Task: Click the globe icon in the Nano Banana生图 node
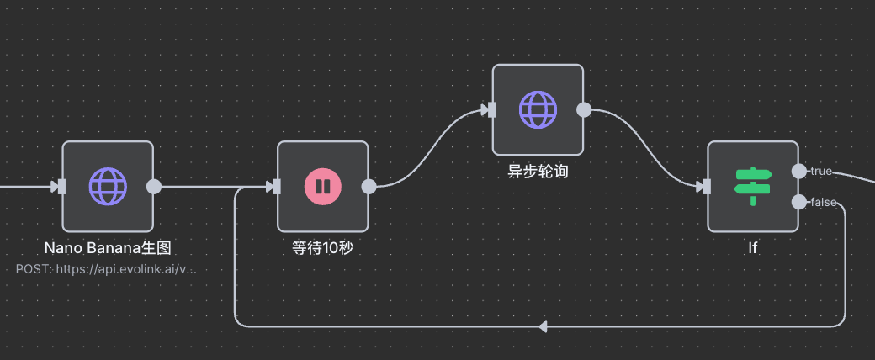(x=108, y=186)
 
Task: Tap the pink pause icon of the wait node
(x=323, y=186)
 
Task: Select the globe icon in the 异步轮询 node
(x=538, y=109)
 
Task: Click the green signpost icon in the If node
(x=753, y=186)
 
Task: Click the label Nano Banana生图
(x=113, y=248)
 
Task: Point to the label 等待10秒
(x=322, y=248)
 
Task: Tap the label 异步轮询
(x=538, y=172)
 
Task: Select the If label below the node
(x=753, y=248)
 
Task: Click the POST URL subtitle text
(x=106, y=269)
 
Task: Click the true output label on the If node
(x=820, y=172)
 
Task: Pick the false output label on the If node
(x=823, y=202)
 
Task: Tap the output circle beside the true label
(x=798, y=171)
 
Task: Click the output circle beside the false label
(x=798, y=202)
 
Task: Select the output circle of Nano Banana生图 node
(x=154, y=187)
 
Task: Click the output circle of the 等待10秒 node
(x=369, y=187)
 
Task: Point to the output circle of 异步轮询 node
(x=584, y=110)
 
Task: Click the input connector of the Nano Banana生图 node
(x=60, y=187)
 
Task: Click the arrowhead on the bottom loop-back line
(x=543, y=326)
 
